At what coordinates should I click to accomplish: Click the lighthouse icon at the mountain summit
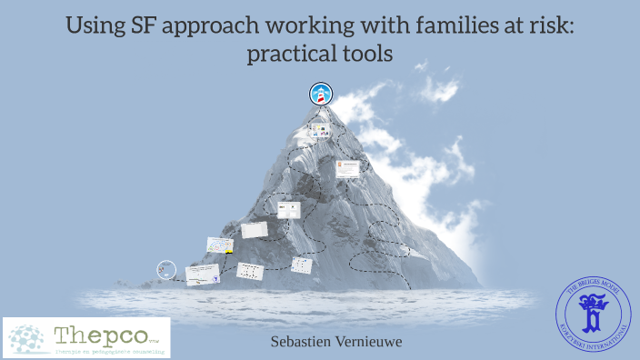click(x=321, y=93)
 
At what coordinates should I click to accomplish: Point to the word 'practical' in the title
click(x=289, y=54)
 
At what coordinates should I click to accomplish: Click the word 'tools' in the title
click(x=367, y=54)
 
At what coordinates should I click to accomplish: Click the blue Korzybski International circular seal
click(x=592, y=316)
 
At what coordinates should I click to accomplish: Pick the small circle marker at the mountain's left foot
click(x=165, y=269)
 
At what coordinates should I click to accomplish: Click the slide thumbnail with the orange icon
click(x=348, y=168)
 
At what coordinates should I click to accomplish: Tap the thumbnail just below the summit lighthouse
click(x=318, y=131)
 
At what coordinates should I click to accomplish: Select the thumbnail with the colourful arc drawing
click(x=220, y=245)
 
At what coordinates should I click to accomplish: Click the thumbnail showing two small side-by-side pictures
click(x=288, y=210)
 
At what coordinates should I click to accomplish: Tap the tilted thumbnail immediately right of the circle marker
click(x=202, y=274)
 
